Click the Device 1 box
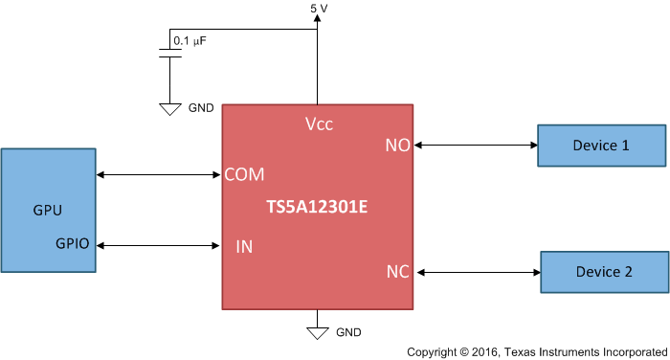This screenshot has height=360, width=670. click(x=600, y=146)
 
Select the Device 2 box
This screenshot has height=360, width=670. click(x=604, y=272)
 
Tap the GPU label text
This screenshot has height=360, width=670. click(x=48, y=210)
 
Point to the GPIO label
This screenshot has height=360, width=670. click(x=72, y=244)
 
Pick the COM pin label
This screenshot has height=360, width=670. click(x=244, y=174)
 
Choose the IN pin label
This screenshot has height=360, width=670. click(x=244, y=247)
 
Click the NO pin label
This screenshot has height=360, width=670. click(x=397, y=146)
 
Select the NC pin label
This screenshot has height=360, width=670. click(x=398, y=272)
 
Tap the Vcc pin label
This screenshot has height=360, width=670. click(x=319, y=124)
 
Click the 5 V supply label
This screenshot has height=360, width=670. click(x=320, y=9)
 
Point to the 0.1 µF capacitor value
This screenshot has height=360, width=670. click(x=190, y=41)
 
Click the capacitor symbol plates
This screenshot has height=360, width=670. click(x=169, y=54)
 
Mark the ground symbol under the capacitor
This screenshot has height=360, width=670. click(x=169, y=109)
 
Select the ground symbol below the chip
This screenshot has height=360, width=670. click(x=317, y=333)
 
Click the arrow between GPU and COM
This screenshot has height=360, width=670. click(x=159, y=174)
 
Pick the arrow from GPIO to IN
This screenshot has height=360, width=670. click(x=159, y=246)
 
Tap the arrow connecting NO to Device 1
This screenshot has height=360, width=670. click(x=475, y=146)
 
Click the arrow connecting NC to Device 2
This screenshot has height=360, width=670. click(x=477, y=273)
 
